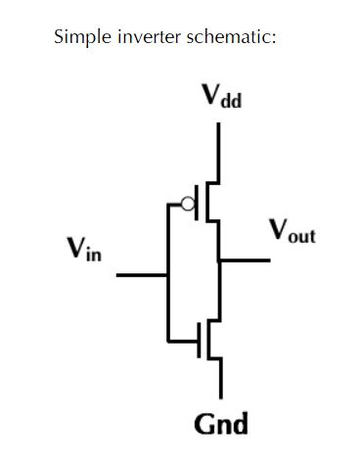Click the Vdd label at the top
pos(219,97)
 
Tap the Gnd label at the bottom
pos(221,424)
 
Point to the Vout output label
pos(292,233)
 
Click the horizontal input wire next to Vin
pos(142,275)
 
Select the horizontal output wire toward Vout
pos(245,260)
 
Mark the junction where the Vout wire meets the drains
pos(219,260)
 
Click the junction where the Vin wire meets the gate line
pos(168,275)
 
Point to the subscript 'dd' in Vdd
pos(231,102)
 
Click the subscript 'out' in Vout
pos(302,238)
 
